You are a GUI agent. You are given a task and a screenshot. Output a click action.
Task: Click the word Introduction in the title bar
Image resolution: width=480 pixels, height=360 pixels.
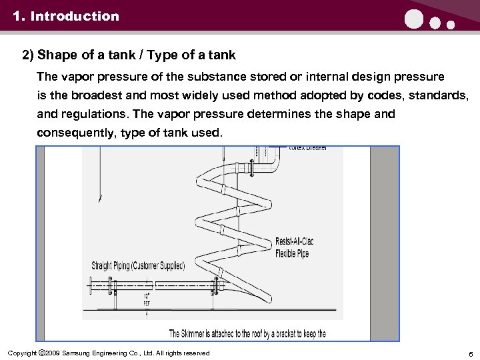(x=75, y=16)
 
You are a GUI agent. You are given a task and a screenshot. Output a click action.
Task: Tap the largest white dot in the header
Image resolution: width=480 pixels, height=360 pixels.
(x=413, y=21)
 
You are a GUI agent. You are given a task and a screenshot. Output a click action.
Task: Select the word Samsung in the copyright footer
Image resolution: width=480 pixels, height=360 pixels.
(x=79, y=353)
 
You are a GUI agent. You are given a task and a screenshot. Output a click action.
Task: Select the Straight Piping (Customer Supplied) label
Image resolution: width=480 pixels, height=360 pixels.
(x=138, y=265)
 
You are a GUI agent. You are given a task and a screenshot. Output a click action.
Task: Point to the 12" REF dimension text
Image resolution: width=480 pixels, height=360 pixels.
(x=146, y=297)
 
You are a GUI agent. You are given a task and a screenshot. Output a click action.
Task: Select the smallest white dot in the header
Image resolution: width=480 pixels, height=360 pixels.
(x=450, y=25)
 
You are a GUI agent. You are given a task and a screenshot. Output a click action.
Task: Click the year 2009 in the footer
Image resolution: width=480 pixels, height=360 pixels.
(x=53, y=353)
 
